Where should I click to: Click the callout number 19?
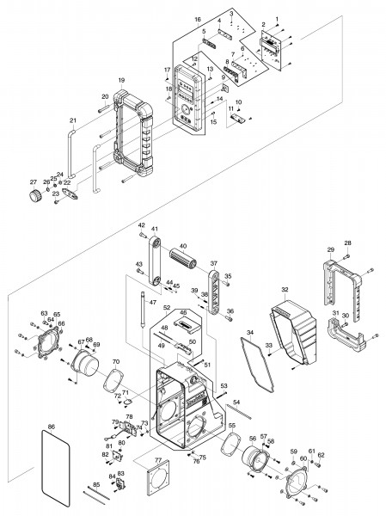click(121, 80)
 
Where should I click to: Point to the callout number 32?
click(285, 290)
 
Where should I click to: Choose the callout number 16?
click(197, 17)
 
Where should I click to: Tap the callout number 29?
click(330, 249)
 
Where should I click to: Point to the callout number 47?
click(151, 304)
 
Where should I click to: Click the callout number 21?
click(72, 120)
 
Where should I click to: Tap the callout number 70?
click(116, 362)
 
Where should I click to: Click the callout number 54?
click(236, 402)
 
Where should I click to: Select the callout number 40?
click(182, 246)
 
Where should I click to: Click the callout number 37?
click(214, 264)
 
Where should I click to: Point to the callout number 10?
click(238, 101)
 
